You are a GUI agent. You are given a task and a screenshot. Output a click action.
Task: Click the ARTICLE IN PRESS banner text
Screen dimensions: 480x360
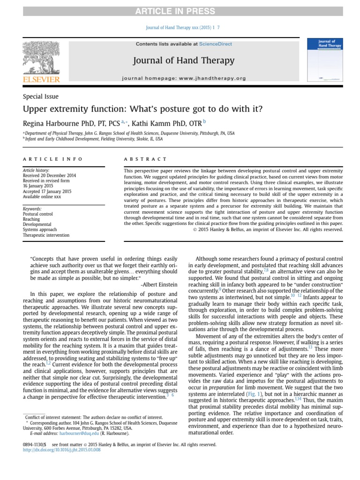[180, 11]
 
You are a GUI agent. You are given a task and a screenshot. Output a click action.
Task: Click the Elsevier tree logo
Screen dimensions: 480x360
[41, 57]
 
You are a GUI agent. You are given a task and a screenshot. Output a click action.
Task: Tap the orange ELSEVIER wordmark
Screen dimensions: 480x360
[41, 80]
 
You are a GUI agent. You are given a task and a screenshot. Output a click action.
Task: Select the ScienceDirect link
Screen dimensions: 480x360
[215, 44]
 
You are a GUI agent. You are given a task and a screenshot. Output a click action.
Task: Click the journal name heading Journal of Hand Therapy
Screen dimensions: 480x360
[184, 60]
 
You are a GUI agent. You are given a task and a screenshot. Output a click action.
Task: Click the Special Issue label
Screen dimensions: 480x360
[41, 97]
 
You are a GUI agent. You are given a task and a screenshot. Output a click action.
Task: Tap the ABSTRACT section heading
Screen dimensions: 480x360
[145, 159]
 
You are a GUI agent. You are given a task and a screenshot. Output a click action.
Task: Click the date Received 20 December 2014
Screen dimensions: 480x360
[49, 175]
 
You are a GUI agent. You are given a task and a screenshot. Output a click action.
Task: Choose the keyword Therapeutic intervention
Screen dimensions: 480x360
[46, 235]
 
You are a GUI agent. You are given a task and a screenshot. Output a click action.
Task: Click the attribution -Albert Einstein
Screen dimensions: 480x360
[159, 285]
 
